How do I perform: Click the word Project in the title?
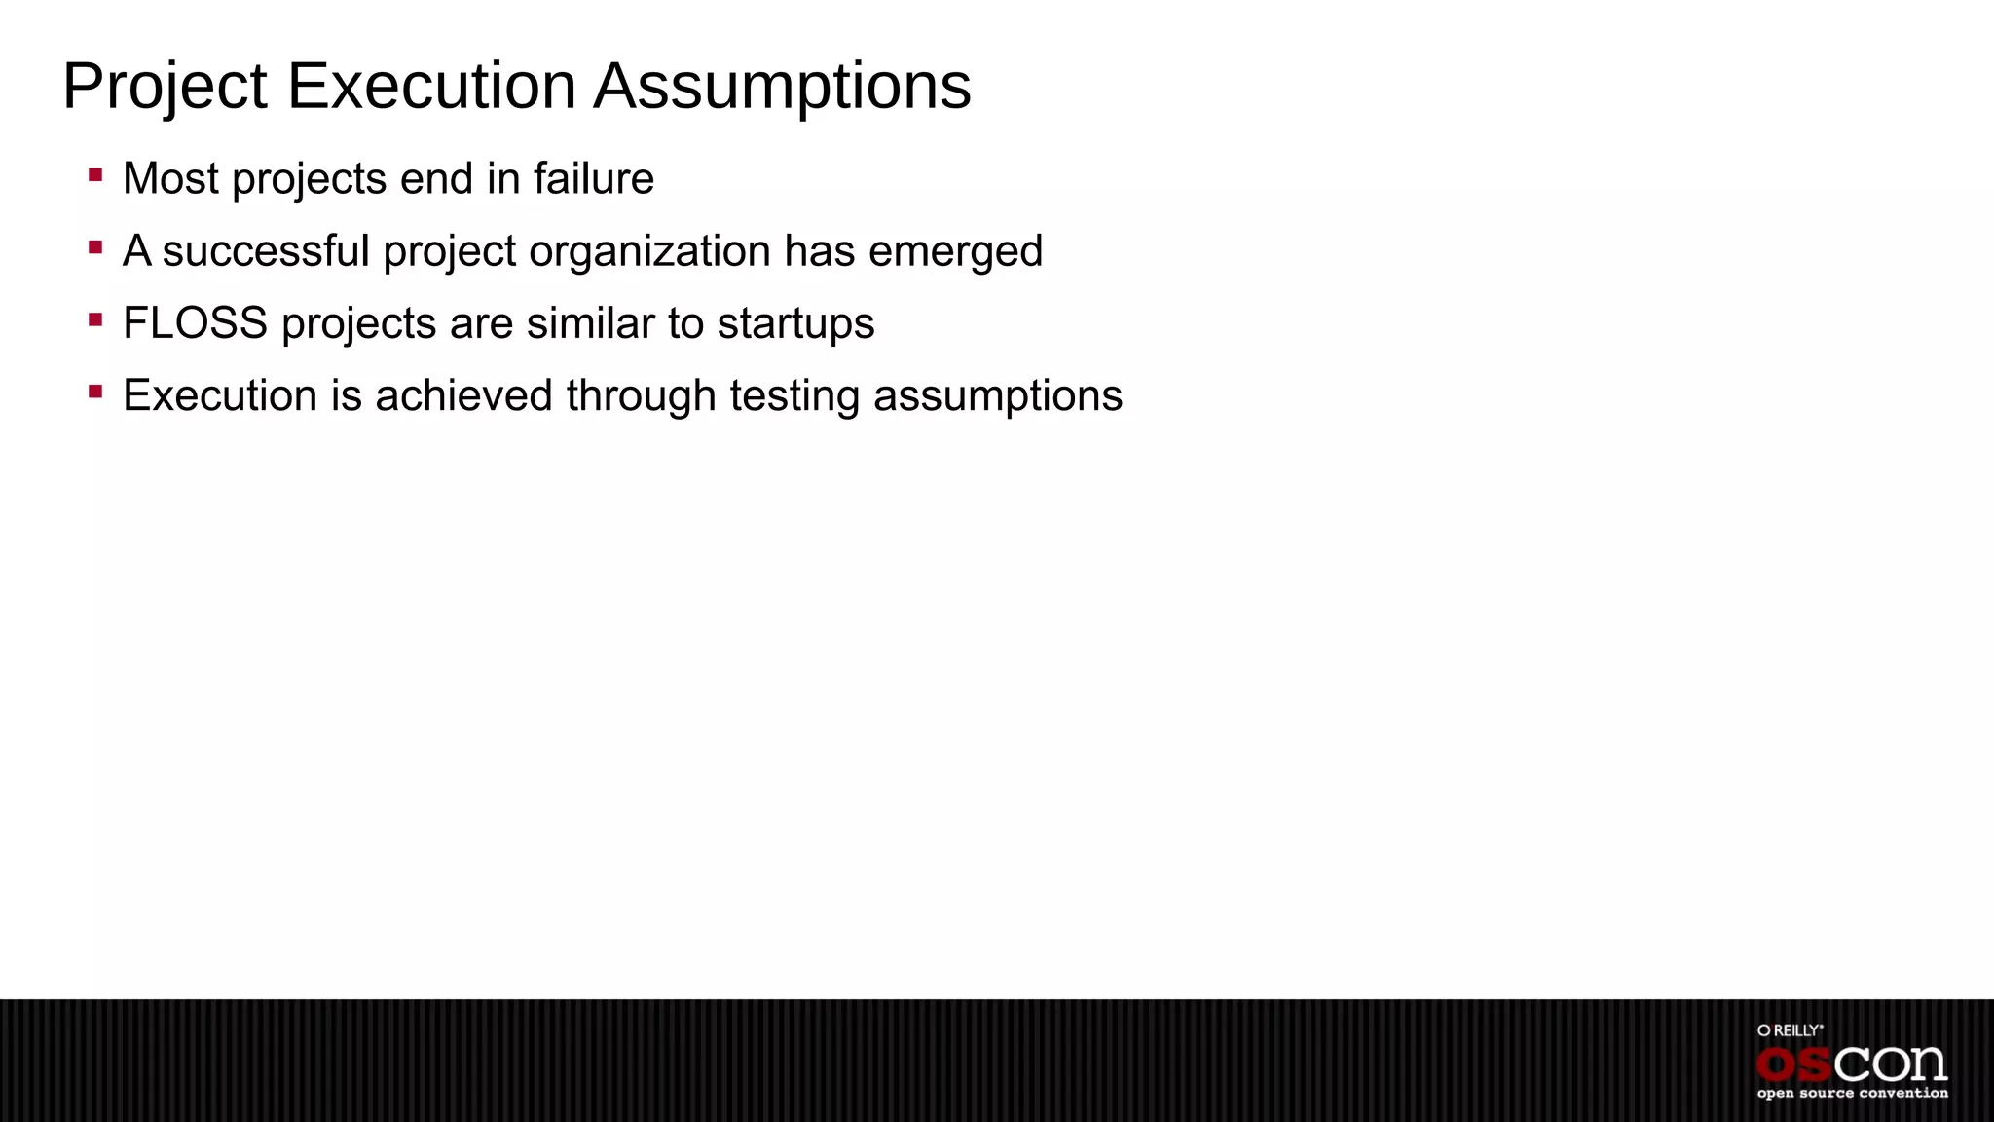pyautogui.click(x=165, y=88)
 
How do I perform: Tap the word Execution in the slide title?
pyautogui.click(x=431, y=86)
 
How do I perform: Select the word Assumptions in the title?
pyautogui.click(x=783, y=88)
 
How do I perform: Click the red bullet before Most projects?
pyautogui.click(x=95, y=176)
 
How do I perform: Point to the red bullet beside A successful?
pyautogui.click(x=95, y=248)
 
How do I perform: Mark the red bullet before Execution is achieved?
pyautogui.click(x=95, y=393)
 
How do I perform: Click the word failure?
pyautogui.click(x=594, y=179)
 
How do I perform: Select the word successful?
pyautogui.click(x=266, y=251)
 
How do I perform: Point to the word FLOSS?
pyautogui.click(x=195, y=323)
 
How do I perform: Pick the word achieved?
pyautogui.click(x=463, y=395)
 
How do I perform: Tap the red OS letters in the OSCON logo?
pyautogui.click(x=1795, y=1066)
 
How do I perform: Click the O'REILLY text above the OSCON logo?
pyautogui.click(x=1790, y=1030)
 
